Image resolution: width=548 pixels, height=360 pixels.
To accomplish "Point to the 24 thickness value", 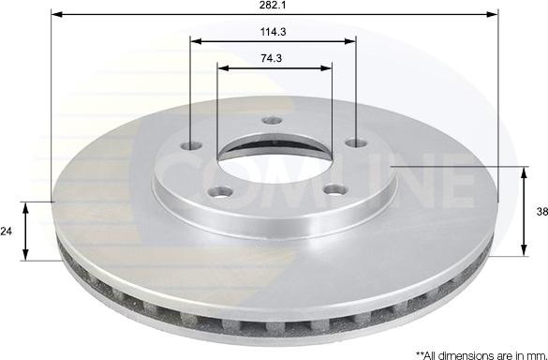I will [x=7, y=230].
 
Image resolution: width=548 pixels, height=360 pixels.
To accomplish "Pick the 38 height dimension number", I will [x=541, y=212].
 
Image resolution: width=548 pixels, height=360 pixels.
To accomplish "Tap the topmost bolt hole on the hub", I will [x=273, y=120].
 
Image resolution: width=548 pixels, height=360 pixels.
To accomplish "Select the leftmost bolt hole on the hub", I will [x=191, y=146].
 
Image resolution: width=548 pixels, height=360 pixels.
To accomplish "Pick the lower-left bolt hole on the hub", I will [x=222, y=191].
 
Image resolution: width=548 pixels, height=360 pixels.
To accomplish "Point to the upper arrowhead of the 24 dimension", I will [x=27, y=205].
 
